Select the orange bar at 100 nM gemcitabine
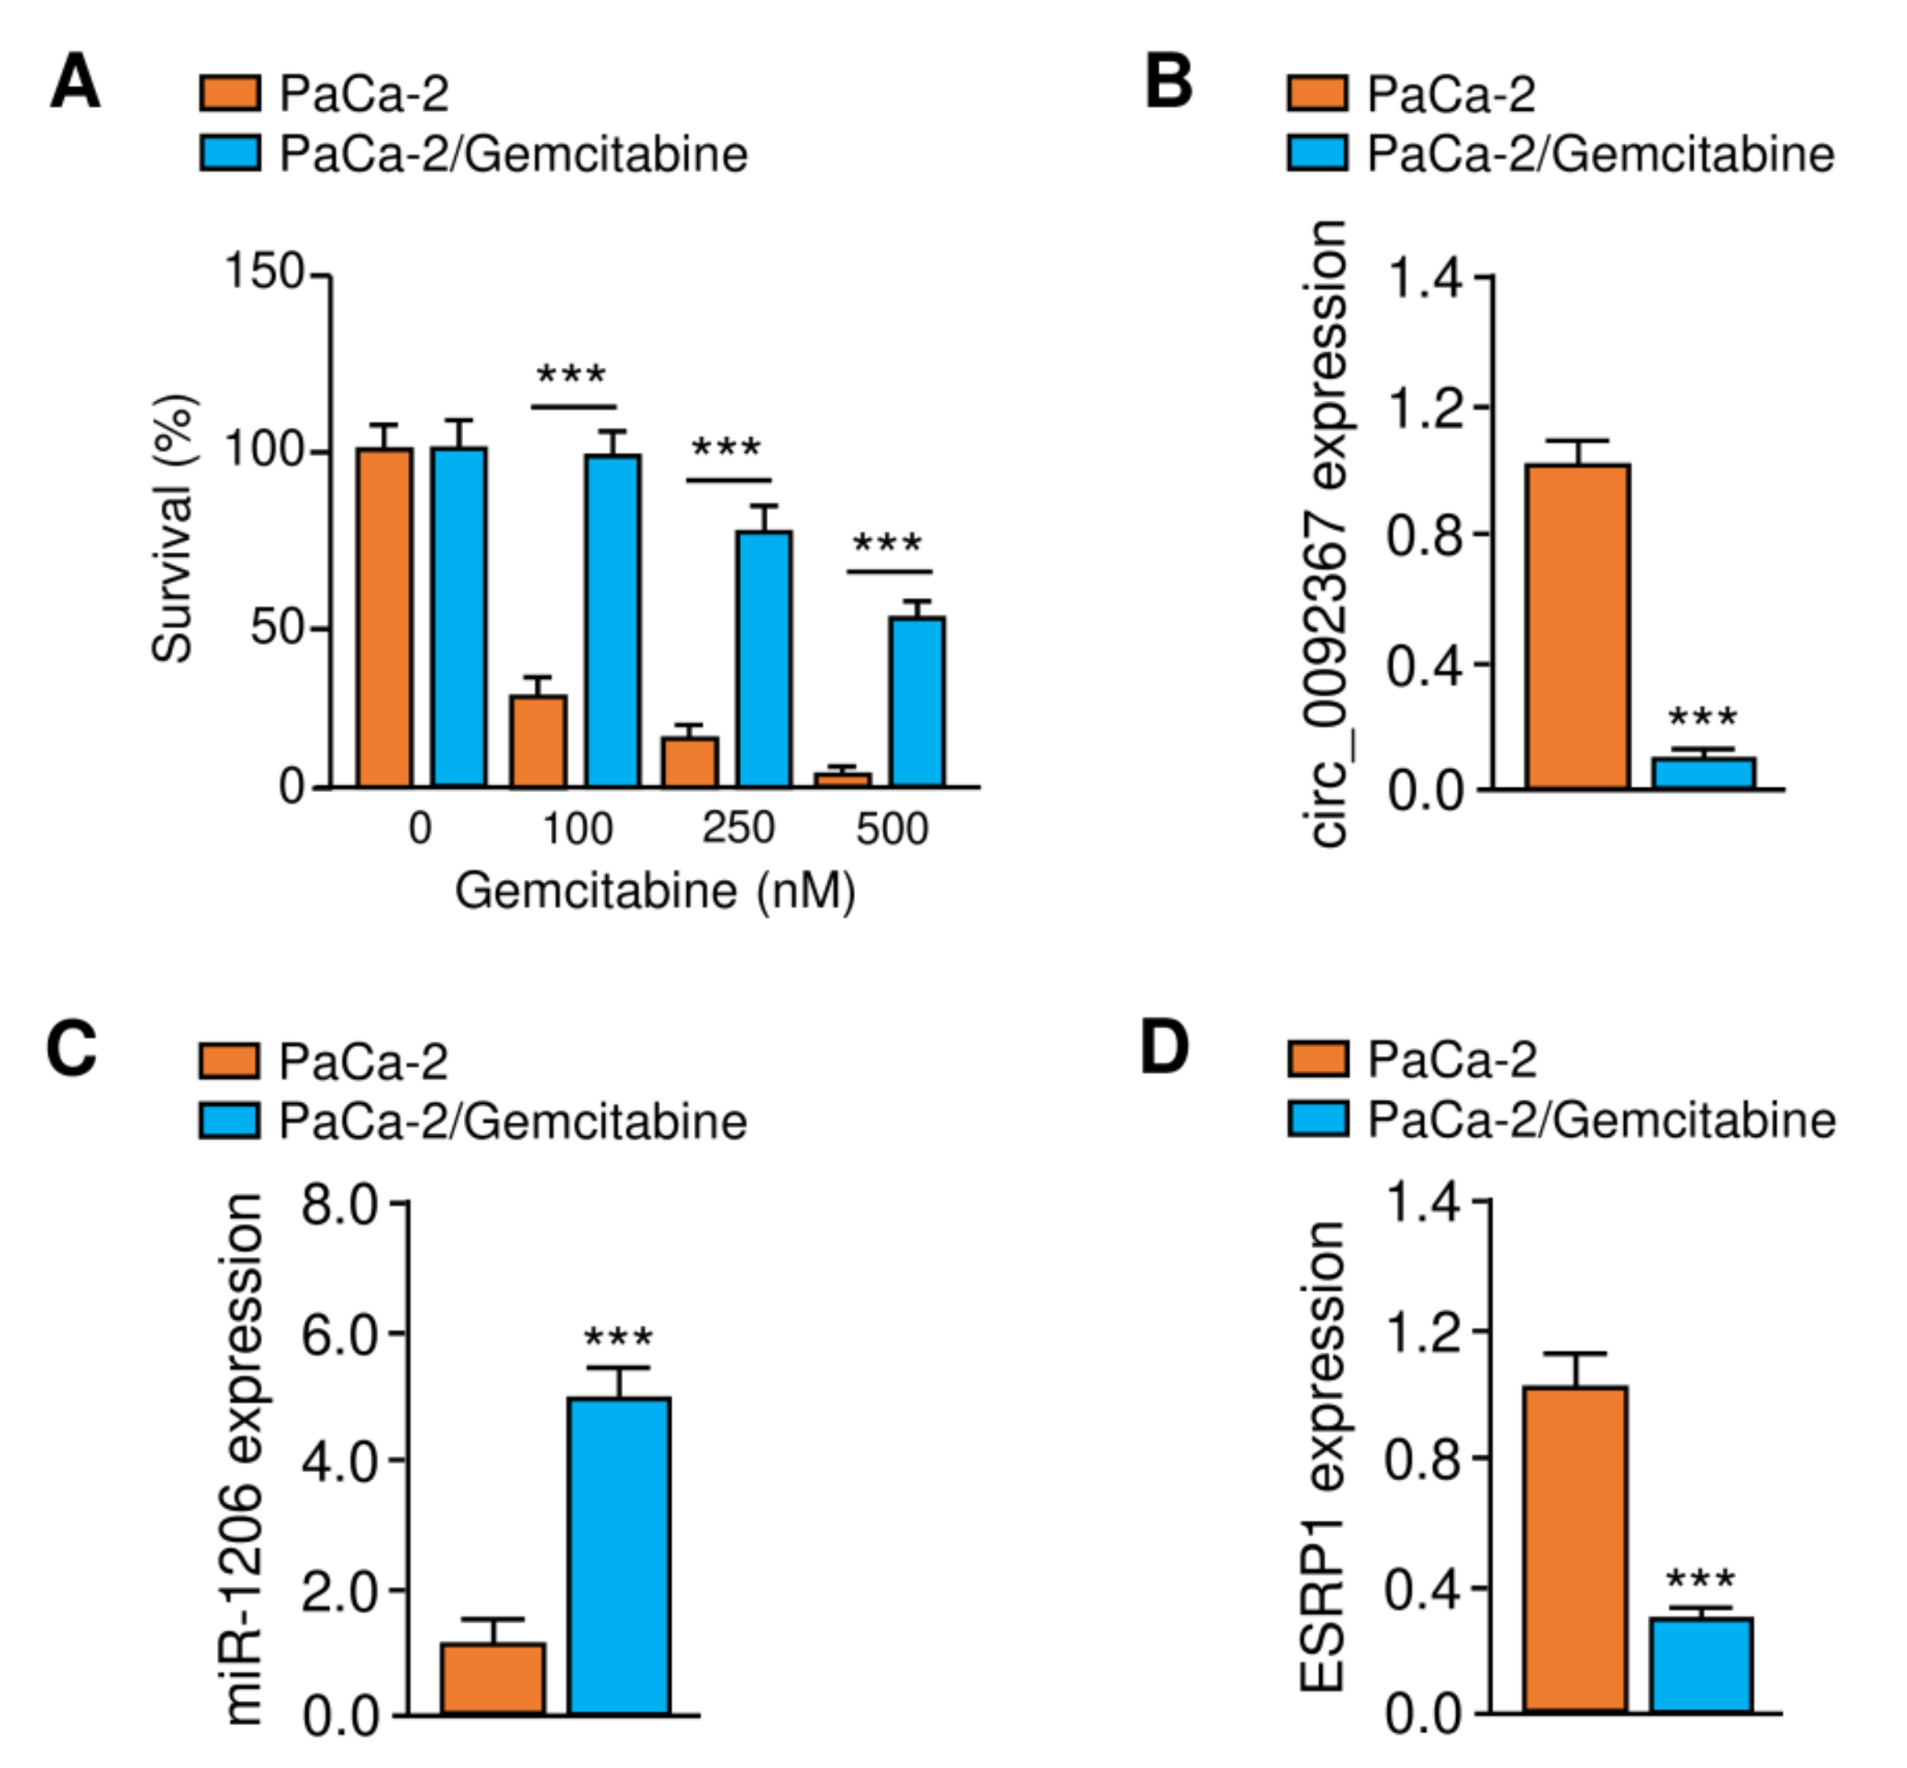coord(537,742)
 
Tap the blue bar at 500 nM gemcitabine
coord(916,702)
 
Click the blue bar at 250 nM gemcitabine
coord(764,660)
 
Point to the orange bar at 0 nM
coord(385,618)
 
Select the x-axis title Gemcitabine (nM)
coord(655,891)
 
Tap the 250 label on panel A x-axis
coord(738,827)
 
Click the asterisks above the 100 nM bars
coord(571,375)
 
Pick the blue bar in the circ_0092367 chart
coord(1703,774)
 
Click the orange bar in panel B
coord(1577,627)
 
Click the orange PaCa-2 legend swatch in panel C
coord(229,1061)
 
